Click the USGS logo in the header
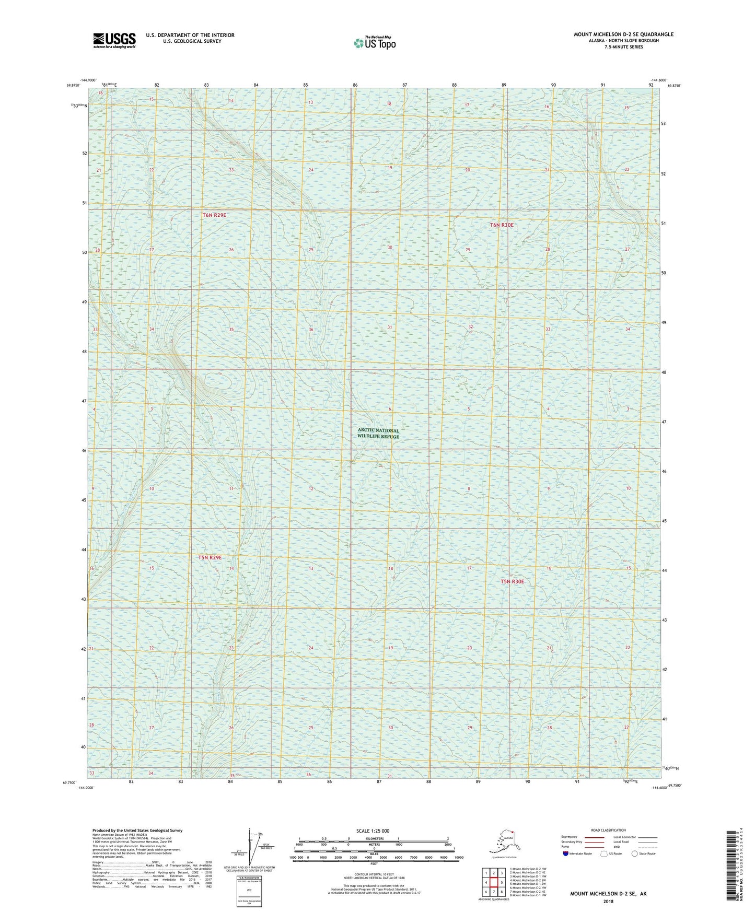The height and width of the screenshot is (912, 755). coord(114,40)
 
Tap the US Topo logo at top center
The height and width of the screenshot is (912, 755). coord(375,43)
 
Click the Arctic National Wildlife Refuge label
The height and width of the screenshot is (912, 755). coord(378,434)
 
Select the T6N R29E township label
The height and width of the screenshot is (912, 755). coord(214,215)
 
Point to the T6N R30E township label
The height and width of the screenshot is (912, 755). coord(502,225)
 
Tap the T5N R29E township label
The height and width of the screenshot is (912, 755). coord(210,557)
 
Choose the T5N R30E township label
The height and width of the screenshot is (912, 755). coord(512,581)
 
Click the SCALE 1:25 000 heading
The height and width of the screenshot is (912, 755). coord(373,831)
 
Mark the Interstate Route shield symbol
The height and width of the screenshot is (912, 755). coord(565,854)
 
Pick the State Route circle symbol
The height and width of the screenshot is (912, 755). coord(635,854)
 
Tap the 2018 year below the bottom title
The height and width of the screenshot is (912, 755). coord(608,902)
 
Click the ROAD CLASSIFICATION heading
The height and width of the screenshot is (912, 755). coord(608,831)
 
